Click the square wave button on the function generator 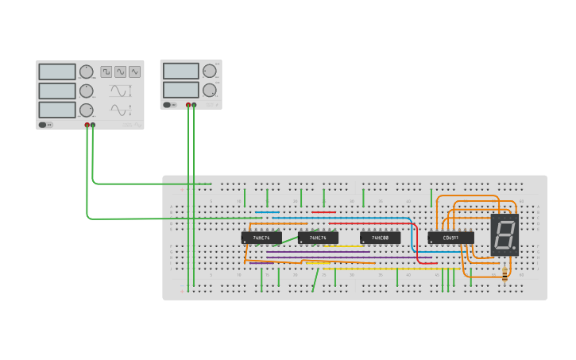tap(106, 72)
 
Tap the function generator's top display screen tap(57, 72)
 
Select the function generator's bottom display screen tap(57, 110)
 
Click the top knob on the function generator tap(86, 72)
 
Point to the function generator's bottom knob tap(86, 110)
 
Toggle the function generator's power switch tap(45, 125)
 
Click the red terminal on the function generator tap(87, 125)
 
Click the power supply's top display tap(181, 71)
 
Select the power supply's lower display tap(181, 89)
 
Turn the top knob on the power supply tap(209, 71)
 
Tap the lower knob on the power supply tap(209, 90)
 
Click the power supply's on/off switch tap(168, 105)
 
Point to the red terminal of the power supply tap(188, 105)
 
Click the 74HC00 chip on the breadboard tap(380, 238)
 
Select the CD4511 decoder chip tap(450, 238)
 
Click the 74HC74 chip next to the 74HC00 tap(318, 238)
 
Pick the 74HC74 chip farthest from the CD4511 tap(261, 238)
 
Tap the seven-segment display tap(504, 234)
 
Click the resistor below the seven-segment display tap(504, 275)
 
